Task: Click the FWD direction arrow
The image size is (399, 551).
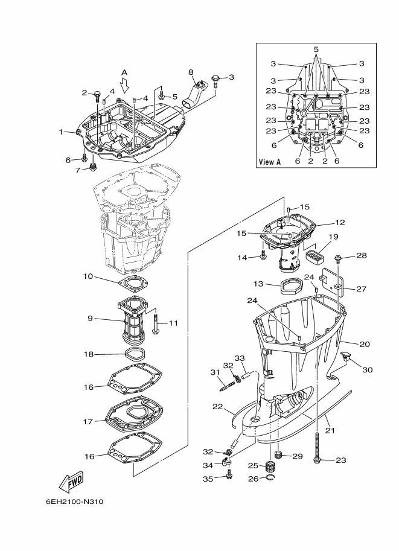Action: (x=71, y=481)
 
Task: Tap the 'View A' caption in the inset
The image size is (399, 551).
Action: (x=270, y=162)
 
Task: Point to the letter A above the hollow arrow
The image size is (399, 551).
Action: (x=125, y=72)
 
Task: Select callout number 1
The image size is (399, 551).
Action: (x=61, y=132)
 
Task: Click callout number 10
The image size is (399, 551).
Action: (x=88, y=276)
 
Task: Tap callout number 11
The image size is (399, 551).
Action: (x=173, y=323)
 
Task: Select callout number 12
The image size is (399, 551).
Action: (x=340, y=222)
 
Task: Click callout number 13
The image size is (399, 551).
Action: (x=258, y=284)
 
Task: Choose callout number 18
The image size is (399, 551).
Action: (x=88, y=354)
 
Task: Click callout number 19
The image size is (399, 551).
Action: (x=334, y=237)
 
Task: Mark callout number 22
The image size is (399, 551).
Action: (x=218, y=406)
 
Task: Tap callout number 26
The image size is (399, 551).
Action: (x=253, y=479)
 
